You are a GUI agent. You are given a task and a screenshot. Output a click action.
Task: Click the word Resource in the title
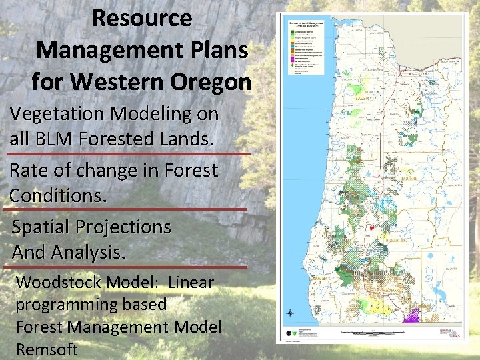142,18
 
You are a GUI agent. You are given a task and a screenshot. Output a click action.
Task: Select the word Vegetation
59,114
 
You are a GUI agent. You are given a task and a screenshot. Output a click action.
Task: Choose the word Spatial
41,227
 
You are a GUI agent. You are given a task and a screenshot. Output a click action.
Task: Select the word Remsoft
46,349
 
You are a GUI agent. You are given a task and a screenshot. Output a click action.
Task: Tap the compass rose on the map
290,313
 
